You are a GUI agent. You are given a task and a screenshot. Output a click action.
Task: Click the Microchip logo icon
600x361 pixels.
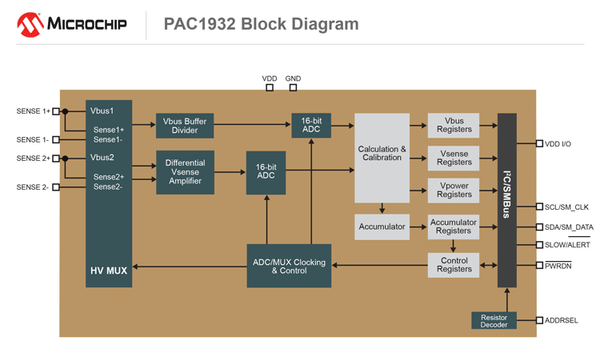click(x=30, y=24)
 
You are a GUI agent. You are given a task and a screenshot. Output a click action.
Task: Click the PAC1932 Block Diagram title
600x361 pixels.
click(x=261, y=24)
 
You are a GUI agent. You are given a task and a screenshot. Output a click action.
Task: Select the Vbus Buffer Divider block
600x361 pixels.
click(x=185, y=126)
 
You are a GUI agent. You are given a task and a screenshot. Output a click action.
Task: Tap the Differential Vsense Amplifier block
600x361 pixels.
click(x=185, y=172)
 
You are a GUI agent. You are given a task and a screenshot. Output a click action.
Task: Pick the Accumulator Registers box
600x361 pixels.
click(x=454, y=227)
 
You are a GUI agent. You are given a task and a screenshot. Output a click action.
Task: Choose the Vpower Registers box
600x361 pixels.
click(x=454, y=190)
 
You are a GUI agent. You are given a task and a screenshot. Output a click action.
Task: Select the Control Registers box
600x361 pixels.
click(x=454, y=265)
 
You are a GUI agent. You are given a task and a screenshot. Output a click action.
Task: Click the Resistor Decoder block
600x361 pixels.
click(x=494, y=321)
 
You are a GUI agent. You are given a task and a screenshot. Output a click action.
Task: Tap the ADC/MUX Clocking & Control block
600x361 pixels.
click(x=288, y=266)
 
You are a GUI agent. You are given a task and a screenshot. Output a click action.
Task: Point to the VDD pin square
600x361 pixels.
click(x=270, y=88)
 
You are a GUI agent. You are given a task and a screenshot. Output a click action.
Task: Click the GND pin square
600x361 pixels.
click(x=293, y=88)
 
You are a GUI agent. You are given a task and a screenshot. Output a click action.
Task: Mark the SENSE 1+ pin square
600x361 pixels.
click(x=56, y=111)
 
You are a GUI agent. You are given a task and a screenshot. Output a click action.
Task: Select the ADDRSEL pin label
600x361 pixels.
click(x=562, y=320)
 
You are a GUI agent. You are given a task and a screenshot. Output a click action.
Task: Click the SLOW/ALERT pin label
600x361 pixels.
click(x=567, y=245)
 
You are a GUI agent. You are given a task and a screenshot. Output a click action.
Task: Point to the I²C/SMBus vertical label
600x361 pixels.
click(x=506, y=199)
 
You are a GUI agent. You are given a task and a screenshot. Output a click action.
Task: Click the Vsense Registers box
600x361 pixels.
click(x=454, y=158)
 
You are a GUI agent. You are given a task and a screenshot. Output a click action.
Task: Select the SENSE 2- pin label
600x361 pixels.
click(x=33, y=187)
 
